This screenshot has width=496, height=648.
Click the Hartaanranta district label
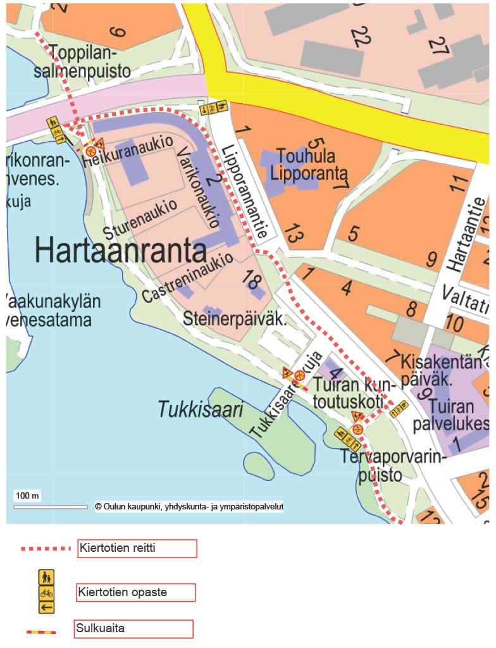coord(121,250)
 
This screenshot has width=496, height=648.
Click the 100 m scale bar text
coord(27,495)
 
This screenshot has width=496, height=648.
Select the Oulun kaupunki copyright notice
coord(189,506)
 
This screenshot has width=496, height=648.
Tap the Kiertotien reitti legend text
coord(118,547)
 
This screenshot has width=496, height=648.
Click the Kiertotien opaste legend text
coord(123,592)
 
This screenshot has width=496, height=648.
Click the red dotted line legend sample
coord(45,548)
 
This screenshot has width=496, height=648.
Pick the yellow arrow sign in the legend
coord(47,607)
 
